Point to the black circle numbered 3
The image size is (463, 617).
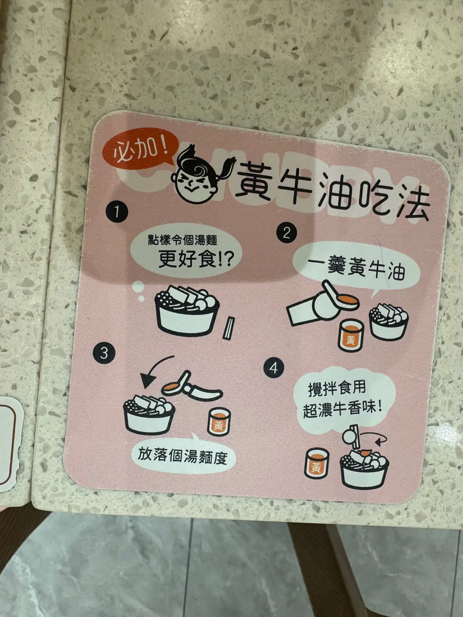point(104,353)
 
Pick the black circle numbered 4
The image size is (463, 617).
point(274,367)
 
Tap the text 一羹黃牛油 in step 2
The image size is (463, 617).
point(356,268)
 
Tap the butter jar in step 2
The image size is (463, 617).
point(351,335)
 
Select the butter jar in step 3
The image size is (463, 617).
point(219,421)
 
